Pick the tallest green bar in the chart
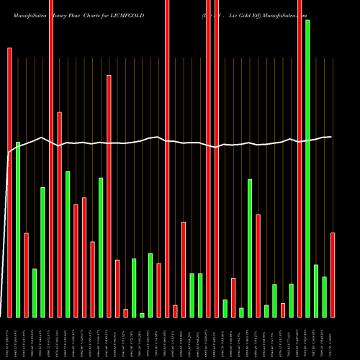[307, 168]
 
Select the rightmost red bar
[333, 274]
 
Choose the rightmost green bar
[324, 297]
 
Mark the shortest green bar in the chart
[142, 315]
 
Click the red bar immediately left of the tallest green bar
[300, 158]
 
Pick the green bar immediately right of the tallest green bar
[316, 291]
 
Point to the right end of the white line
[331, 137]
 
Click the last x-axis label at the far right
[333, 338]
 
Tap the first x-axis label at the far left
[9, 338]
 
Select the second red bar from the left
[26, 275]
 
